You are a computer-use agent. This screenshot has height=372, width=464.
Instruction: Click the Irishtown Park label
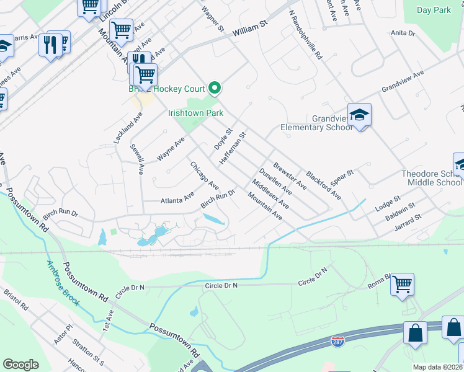[x=195, y=113]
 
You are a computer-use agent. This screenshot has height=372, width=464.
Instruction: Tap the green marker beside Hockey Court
[x=215, y=89]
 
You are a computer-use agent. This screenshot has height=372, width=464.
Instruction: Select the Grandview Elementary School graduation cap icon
[x=359, y=115]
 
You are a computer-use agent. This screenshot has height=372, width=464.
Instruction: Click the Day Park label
[x=434, y=10]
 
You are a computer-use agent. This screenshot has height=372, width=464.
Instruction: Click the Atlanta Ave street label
[x=178, y=200]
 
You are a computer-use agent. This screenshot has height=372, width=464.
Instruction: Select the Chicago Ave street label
[x=205, y=176]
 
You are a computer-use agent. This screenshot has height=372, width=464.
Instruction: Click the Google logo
[x=20, y=365]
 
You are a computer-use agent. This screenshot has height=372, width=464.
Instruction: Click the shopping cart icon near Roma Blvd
[x=403, y=285]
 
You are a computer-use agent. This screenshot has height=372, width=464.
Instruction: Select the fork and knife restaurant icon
[x=50, y=45]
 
